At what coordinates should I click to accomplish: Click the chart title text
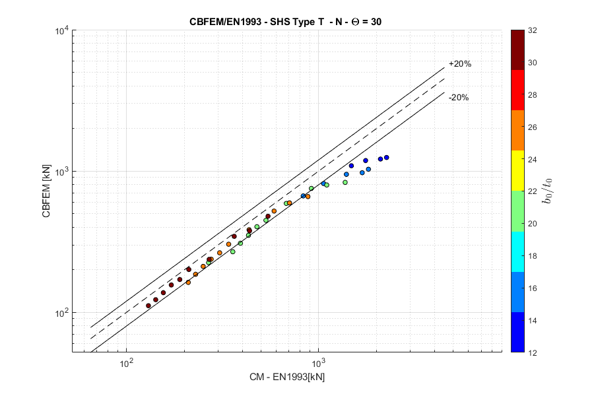[x=285, y=21]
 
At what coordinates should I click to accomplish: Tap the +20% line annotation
[x=459, y=64]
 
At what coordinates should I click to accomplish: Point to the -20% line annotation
[x=458, y=98]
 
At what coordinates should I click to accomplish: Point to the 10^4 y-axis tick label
[x=62, y=31]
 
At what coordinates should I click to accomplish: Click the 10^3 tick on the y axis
[x=62, y=172]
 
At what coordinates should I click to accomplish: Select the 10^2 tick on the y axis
[x=62, y=312]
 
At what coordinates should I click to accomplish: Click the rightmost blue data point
[x=386, y=157]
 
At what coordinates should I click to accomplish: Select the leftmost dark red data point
[x=148, y=306]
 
